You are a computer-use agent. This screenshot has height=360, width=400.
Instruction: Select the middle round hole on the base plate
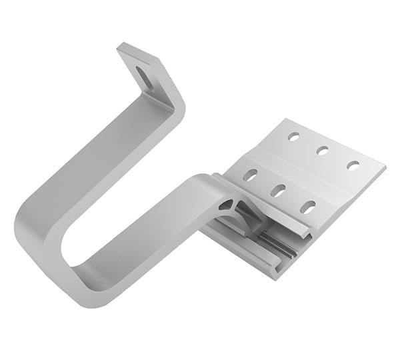click(x=322, y=150)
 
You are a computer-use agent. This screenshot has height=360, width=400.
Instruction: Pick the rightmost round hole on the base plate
click(x=353, y=165)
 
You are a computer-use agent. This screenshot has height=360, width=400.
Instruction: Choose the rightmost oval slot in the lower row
click(x=307, y=205)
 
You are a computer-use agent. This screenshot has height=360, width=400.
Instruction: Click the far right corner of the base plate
click(x=385, y=164)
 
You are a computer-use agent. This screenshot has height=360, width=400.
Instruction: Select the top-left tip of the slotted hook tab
click(x=120, y=47)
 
